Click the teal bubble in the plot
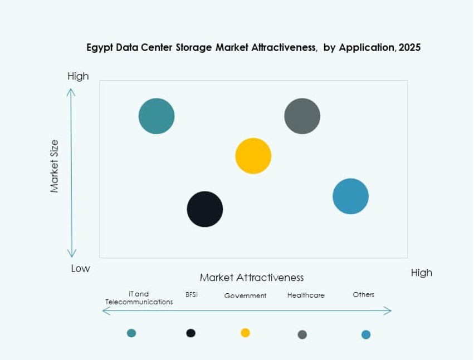(157, 116)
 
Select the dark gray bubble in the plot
(302, 116)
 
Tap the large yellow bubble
(253, 156)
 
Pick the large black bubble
(205, 209)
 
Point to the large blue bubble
(351, 196)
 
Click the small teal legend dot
(131, 333)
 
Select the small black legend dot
(191, 333)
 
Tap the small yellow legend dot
(245, 333)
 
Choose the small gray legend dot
(302, 334)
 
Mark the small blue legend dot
(366, 334)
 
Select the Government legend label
(245, 295)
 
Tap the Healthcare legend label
(306, 295)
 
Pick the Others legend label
(364, 294)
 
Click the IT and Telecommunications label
(139, 298)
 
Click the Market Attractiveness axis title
(252, 277)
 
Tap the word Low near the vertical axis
(80, 269)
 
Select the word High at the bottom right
(421, 273)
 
